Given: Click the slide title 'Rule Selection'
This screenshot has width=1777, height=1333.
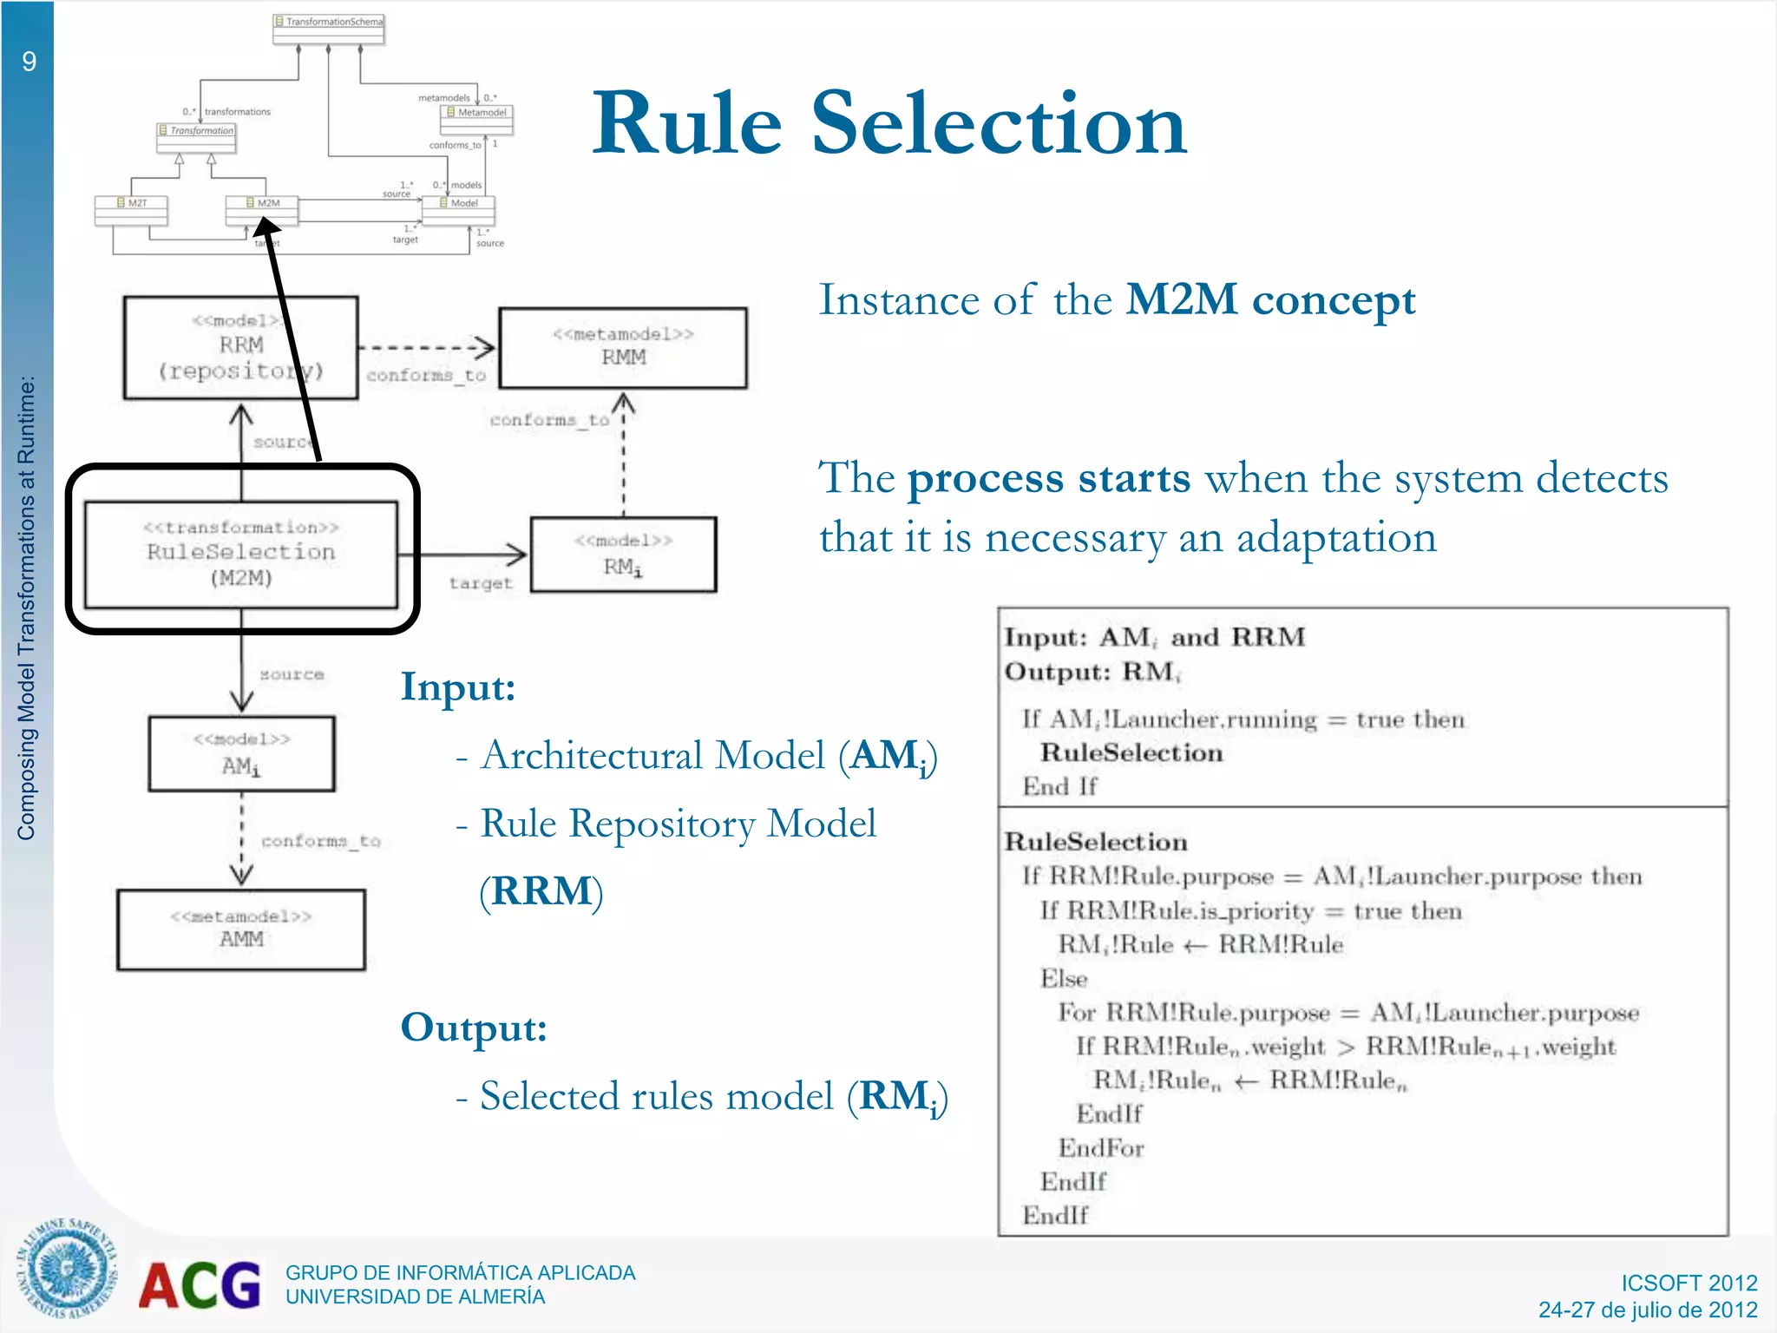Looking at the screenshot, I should pos(888,124).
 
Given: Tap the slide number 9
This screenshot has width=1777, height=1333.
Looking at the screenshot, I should pos(30,62).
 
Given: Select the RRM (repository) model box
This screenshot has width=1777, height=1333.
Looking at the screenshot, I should pos(240,348).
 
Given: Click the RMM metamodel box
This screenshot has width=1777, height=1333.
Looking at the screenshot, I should pos(623,347).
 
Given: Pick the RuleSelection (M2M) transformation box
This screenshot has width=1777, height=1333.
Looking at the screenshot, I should pos(241,553).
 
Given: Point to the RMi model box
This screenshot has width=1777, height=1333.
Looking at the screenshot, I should pos(623,555).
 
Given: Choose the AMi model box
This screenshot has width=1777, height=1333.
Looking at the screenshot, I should pos(241,753).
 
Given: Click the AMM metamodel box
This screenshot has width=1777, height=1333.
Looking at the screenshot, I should pos(241,929).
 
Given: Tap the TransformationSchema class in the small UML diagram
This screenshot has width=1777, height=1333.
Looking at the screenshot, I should pos(329,23).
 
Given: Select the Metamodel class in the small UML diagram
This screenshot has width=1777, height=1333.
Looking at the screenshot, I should pos(477,113).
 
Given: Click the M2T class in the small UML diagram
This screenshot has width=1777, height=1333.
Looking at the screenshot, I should pos(131,203).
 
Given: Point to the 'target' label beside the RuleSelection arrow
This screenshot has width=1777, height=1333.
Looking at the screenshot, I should pos(481,584).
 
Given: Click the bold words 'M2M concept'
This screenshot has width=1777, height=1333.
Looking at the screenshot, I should pos(1270,300).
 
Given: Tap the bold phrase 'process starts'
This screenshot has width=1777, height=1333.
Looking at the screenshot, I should pos(1048,478).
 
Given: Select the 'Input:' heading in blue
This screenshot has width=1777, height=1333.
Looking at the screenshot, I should pos(458,687).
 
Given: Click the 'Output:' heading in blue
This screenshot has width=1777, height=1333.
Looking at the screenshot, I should pos(474,1028).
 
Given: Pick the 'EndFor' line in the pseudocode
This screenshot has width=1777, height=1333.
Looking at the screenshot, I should pos(1100,1148).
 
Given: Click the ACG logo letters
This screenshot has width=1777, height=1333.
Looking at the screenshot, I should pos(200,1285).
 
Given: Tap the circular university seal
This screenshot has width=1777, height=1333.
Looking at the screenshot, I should pos(67,1269).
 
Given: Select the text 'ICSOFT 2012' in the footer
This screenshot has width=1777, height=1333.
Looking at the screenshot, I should pos(1688,1283).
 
